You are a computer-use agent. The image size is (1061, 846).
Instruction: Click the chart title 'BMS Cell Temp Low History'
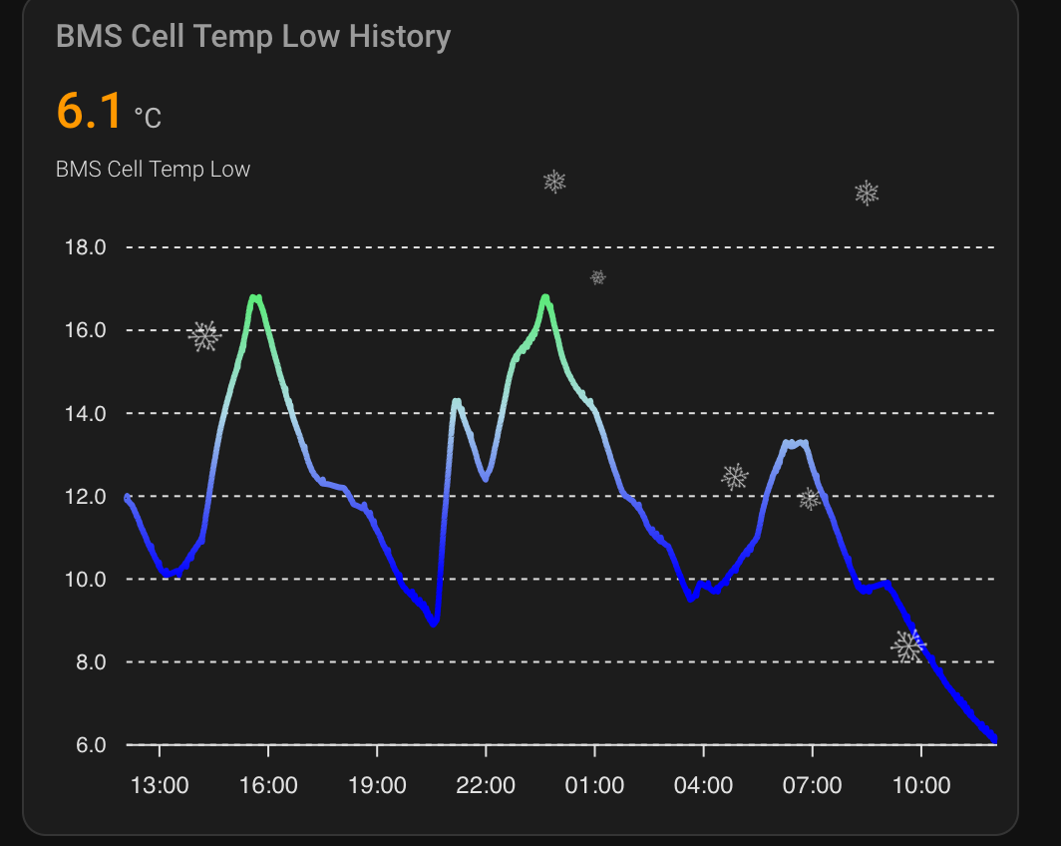pyautogui.click(x=253, y=37)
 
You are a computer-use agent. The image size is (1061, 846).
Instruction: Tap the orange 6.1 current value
pyautogui.click(x=89, y=110)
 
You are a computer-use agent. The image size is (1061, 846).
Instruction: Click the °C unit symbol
pyautogui.click(x=148, y=119)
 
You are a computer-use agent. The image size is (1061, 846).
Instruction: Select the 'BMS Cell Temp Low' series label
pyautogui.click(x=153, y=170)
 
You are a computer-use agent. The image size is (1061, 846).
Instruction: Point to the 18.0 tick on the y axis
pyautogui.click(x=85, y=247)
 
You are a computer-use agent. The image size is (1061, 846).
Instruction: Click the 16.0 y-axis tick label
pyautogui.click(x=85, y=330)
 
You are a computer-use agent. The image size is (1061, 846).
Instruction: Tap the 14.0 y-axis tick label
pyautogui.click(x=85, y=413)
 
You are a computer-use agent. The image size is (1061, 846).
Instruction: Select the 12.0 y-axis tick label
pyautogui.click(x=85, y=496)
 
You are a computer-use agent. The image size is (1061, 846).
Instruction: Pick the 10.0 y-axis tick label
pyautogui.click(x=85, y=579)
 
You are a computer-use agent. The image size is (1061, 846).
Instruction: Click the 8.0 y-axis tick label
pyautogui.click(x=89, y=661)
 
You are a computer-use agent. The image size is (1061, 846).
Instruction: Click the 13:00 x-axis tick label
pyautogui.click(x=160, y=785)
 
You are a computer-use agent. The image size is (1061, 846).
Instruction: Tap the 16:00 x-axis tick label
pyautogui.click(x=268, y=785)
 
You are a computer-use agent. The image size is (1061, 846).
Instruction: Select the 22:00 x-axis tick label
pyautogui.click(x=486, y=785)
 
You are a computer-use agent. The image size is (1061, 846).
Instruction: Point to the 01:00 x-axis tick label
pyautogui.click(x=594, y=785)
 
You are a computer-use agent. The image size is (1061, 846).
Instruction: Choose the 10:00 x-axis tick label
pyautogui.click(x=920, y=785)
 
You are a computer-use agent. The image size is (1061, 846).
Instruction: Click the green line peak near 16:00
pyautogui.click(x=256, y=297)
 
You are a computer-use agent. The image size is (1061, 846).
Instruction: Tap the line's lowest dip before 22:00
pyautogui.click(x=433, y=623)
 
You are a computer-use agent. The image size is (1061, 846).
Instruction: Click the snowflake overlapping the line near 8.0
pyautogui.click(x=907, y=646)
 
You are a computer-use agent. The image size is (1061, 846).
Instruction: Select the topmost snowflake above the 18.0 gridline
pyautogui.click(x=554, y=182)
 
